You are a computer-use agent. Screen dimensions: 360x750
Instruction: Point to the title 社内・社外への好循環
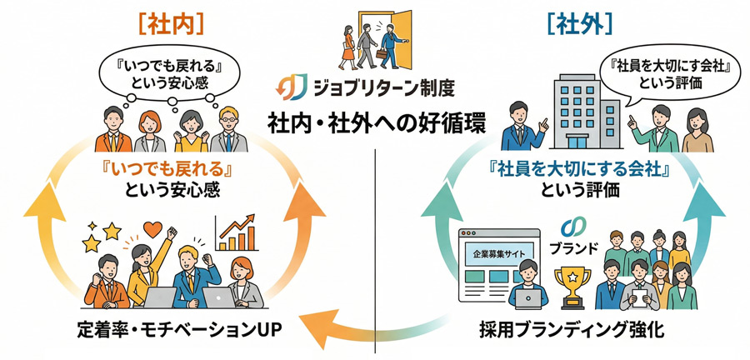click(374, 118)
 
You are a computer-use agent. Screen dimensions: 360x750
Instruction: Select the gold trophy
click(576, 283)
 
